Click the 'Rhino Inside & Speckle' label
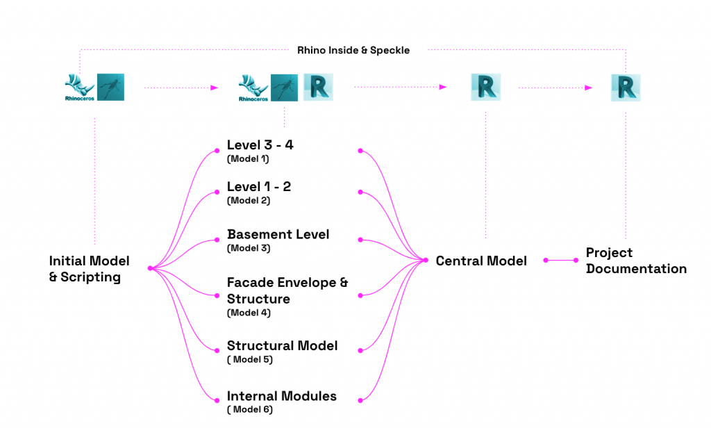(x=353, y=50)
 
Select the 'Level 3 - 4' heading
(x=260, y=145)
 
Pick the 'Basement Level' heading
(x=278, y=234)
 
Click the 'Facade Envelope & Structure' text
(x=287, y=290)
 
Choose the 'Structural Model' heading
(x=282, y=345)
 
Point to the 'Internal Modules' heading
(x=281, y=396)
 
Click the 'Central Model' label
(x=481, y=261)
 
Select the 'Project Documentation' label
(x=636, y=261)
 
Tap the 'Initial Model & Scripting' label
(x=89, y=269)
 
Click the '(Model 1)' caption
(x=248, y=159)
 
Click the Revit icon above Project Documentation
(x=626, y=88)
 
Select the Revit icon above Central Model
(x=485, y=88)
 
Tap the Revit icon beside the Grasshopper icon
(x=319, y=88)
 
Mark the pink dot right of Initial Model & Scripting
(x=150, y=268)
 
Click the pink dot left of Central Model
(x=425, y=261)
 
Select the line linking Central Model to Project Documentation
(x=560, y=261)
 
